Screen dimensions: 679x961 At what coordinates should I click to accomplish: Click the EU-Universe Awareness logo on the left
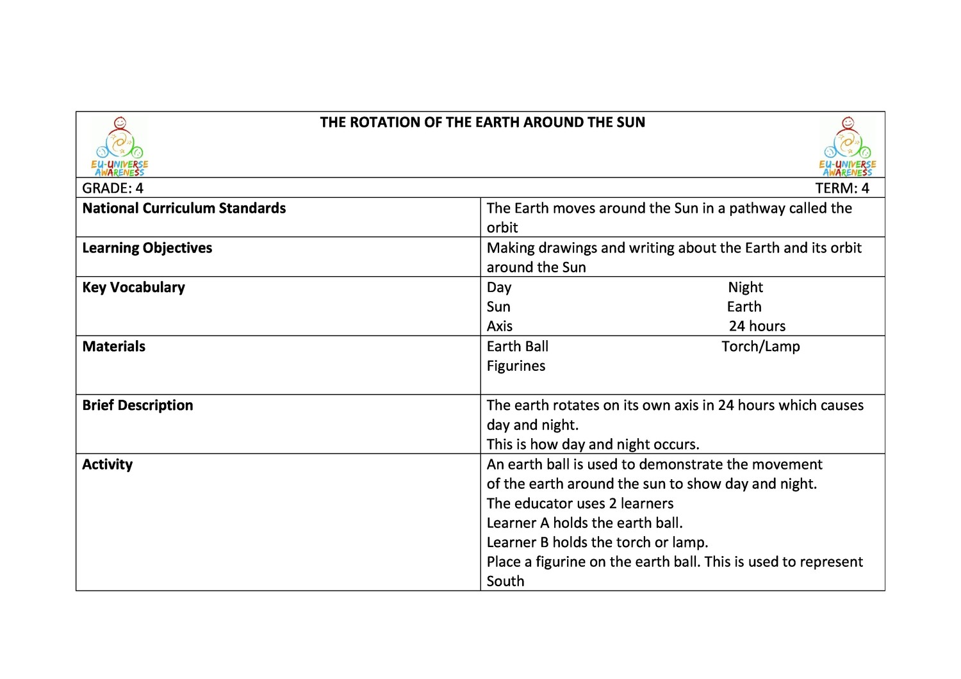[120, 147]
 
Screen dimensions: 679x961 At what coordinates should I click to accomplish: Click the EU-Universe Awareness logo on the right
[847, 147]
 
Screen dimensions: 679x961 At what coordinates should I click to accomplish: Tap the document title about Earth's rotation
[482, 122]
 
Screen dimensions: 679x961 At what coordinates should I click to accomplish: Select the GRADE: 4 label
[113, 188]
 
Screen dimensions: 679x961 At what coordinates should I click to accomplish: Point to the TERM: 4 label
[842, 188]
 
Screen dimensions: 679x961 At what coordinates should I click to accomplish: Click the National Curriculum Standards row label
[184, 208]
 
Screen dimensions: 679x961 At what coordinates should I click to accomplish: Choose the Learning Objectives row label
[147, 248]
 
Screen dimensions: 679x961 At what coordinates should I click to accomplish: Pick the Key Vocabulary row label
[133, 288]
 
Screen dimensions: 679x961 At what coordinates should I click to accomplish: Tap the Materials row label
[114, 347]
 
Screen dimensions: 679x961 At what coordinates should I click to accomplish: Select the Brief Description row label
[138, 405]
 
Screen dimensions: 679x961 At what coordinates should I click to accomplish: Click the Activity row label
[108, 464]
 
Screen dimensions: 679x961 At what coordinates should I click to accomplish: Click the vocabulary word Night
[745, 288]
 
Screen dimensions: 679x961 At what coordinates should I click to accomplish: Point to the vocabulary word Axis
[500, 326]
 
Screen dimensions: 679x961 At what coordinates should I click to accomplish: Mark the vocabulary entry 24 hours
[757, 326]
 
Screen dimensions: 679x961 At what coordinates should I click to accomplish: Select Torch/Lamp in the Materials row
[760, 347]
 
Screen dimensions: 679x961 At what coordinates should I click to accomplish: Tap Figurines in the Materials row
[516, 366]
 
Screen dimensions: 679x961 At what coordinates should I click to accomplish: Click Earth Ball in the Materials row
[518, 347]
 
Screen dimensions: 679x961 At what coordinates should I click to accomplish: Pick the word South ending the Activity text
[505, 581]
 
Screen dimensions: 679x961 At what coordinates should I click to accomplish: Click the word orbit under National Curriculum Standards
[502, 228]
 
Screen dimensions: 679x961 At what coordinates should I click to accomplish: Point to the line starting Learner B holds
[597, 543]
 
